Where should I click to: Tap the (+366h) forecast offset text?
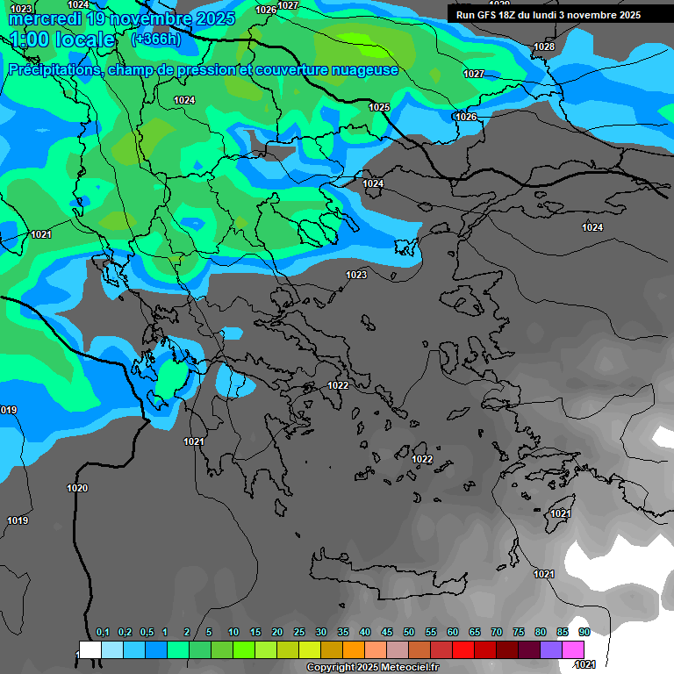click(x=155, y=39)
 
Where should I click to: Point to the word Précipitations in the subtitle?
click(x=53, y=70)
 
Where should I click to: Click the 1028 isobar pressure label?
click(x=544, y=47)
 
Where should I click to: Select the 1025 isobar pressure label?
click(x=379, y=107)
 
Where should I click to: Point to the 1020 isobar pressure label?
click(x=77, y=488)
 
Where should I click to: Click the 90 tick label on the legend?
click(x=584, y=633)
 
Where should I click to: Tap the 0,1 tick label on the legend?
click(x=103, y=633)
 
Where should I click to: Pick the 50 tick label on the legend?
click(x=409, y=633)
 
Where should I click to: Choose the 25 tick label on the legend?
click(x=299, y=633)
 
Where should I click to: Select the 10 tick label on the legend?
click(x=233, y=633)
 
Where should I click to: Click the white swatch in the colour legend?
click(x=90, y=649)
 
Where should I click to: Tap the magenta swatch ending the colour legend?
click(x=572, y=649)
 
